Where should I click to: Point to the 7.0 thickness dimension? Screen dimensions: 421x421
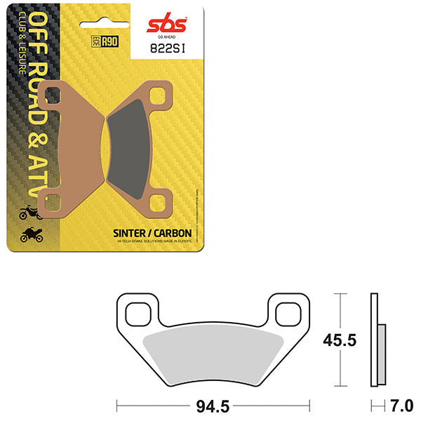(402, 406)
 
